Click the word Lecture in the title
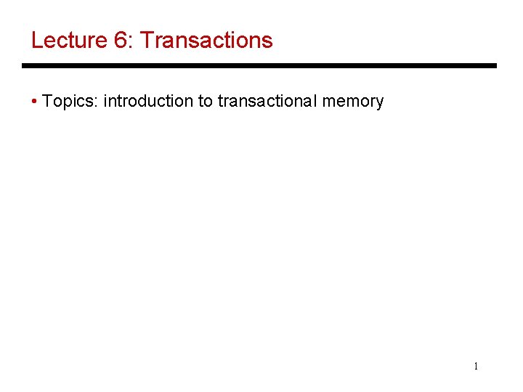69,40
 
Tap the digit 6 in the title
121,40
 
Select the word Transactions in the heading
206,40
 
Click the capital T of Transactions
145,40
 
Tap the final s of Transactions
267,42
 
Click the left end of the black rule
24,66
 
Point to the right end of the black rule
495,66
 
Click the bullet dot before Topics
35,102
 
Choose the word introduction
148,102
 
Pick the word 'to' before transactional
205,102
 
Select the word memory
353,103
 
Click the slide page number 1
476,367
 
